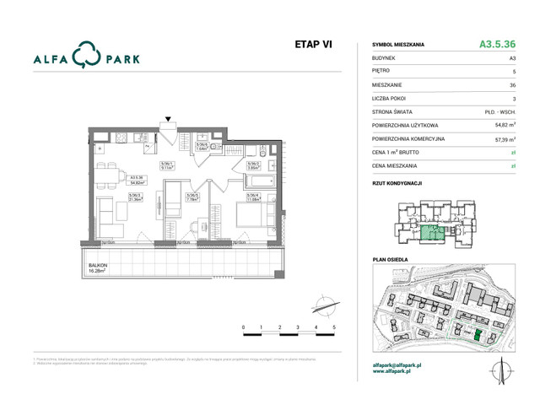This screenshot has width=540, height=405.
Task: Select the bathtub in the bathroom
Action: (x=256, y=181)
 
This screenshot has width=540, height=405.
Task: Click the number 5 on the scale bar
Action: (x=335, y=327)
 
